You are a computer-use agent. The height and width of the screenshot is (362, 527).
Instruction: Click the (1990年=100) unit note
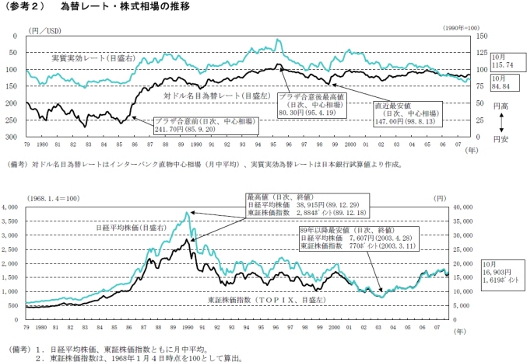coord(468,27)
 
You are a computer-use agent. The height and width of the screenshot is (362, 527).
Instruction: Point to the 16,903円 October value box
coord(505,270)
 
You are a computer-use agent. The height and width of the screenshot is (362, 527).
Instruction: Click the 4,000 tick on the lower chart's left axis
coord(13,207)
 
